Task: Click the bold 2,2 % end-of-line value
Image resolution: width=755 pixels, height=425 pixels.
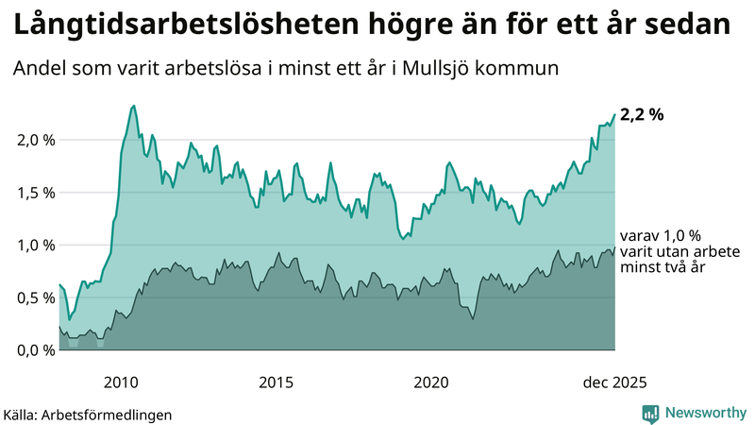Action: (x=642, y=114)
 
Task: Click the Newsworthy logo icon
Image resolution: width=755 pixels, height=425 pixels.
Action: (x=650, y=413)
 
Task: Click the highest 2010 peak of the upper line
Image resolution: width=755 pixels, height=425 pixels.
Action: (x=133, y=106)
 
